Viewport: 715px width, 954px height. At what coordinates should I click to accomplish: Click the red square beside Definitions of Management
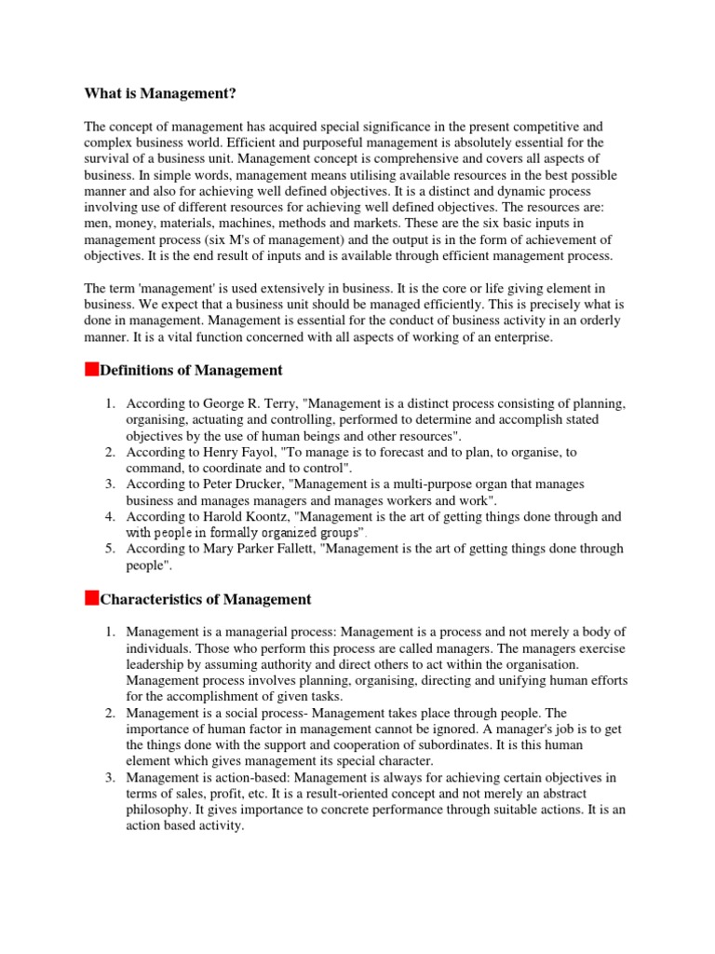point(91,369)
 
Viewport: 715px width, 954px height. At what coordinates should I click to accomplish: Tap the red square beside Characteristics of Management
point(91,598)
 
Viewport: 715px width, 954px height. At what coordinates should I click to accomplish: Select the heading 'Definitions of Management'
point(191,370)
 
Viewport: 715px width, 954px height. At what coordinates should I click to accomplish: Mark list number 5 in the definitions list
point(109,549)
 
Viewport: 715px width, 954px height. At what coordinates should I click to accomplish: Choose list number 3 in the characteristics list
point(109,777)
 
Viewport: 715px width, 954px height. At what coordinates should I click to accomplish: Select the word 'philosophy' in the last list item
point(157,809)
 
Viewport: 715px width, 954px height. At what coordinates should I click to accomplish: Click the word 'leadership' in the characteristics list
point(159,664)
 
